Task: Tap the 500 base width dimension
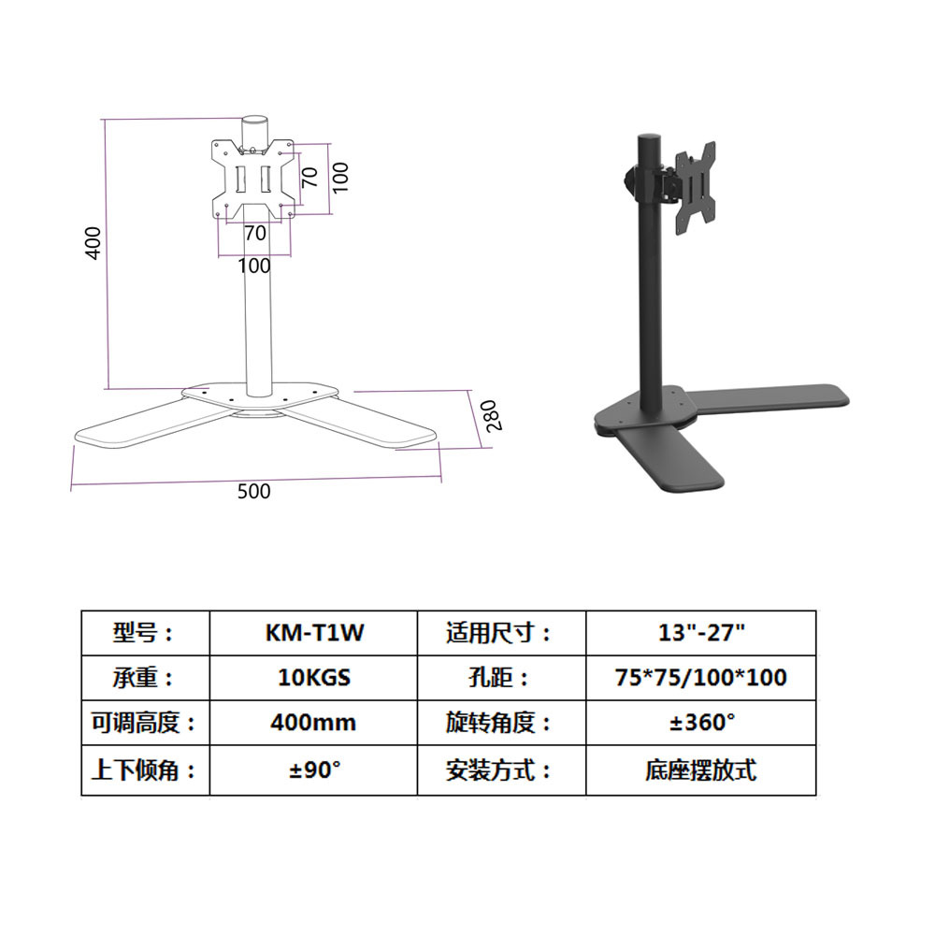click(x=253, y=491)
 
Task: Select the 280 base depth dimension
click(x=494, y=414)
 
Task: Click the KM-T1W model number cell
click(x=313, y=633)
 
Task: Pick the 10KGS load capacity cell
click(x=313, y=678)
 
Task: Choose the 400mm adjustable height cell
click(x=313, y=723)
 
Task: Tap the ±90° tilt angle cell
click(x=313, y=770)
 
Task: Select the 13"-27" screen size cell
click(x=701, y=633)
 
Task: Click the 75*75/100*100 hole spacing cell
click(x=701, y=678)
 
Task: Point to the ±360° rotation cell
click(x=701, y=723)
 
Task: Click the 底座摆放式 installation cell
click(x=701, y=770)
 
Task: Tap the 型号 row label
click(x=144, y=633)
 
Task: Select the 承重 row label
click(x=144, y=678)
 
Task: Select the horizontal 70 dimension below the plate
click(x=254, y=232)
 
